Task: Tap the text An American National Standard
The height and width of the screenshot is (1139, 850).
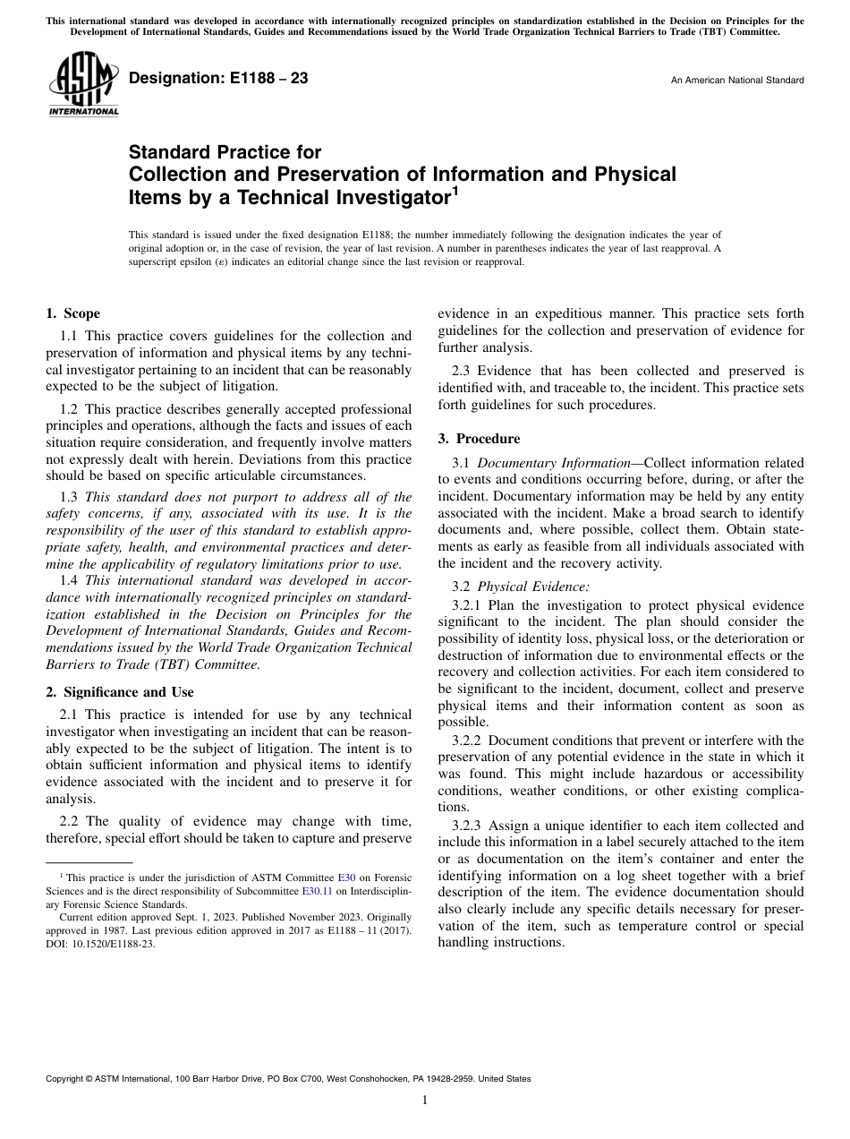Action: coord(736,80)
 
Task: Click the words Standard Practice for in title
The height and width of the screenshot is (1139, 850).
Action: coord(225,152)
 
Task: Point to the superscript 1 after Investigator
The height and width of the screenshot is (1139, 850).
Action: coord(455,189)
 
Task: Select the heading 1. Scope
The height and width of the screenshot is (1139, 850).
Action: coord(72,313)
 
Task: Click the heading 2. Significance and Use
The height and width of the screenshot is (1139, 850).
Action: coord(119,692)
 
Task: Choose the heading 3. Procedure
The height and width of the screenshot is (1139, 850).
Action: coord(480,439)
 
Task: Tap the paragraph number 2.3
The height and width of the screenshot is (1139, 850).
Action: coord(462,371)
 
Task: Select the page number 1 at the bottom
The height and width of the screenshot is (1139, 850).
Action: coord(425,1100)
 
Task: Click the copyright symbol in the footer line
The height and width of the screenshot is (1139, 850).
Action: coord(88,1079)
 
